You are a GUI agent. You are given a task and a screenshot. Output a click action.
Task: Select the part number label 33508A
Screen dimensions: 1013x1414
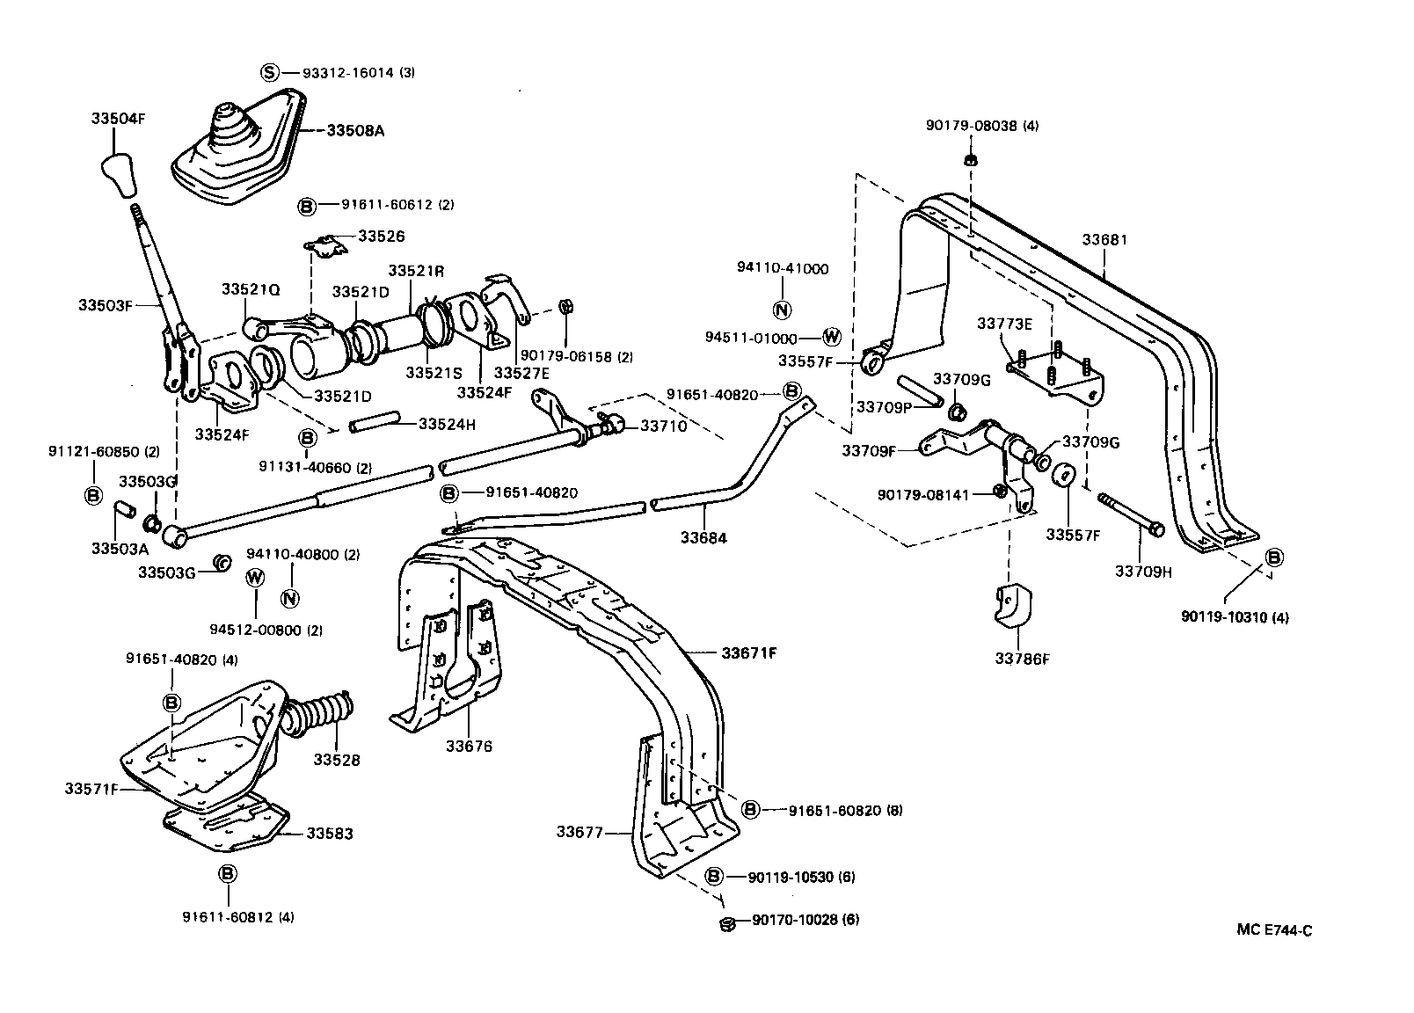pos(355,130)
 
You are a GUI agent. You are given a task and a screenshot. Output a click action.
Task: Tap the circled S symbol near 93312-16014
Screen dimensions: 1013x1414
pos(270,73)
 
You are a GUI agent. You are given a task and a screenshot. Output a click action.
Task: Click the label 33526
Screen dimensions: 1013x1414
pos(381,237)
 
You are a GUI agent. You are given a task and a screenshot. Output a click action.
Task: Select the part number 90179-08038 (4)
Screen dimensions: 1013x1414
pos(981,126)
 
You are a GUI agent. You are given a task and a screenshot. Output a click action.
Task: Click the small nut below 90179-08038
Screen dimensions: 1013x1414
pos(970,160)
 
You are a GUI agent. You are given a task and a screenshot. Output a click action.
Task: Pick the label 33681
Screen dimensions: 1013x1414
pos(1104,240)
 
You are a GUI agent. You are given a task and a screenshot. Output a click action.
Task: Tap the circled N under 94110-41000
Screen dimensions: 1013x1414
pos(782,310)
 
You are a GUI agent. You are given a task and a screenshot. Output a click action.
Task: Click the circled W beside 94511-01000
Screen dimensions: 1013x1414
pos(831,337)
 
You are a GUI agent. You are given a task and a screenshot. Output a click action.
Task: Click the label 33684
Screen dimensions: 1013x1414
pos(703,537)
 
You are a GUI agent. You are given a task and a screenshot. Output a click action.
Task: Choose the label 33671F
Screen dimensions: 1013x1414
pos(749,652)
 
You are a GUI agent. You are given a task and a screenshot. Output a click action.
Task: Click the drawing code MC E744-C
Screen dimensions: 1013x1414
pos(1273,931)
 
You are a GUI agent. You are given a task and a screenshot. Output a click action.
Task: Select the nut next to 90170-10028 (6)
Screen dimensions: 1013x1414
pos(727,922)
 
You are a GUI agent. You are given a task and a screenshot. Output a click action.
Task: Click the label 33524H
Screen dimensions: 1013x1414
pos(447,424)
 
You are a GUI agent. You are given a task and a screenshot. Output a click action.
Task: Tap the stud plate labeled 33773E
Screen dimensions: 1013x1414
pos(1055,374)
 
